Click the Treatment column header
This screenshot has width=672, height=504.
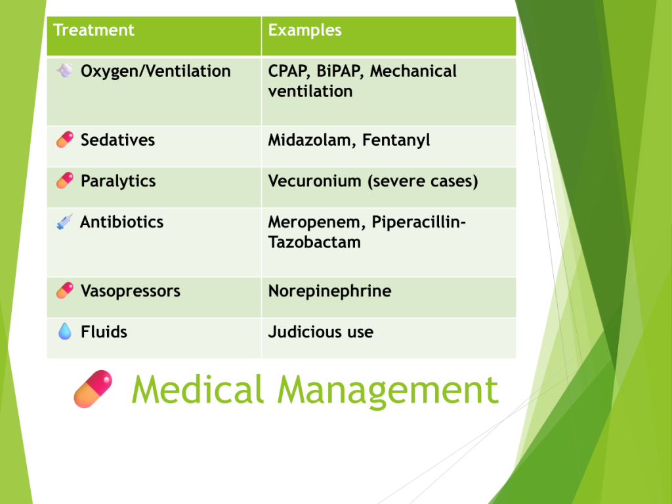coord(93,30)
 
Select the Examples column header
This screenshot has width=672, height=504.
coord(304,30)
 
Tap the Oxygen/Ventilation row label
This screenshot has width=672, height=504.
coord(156,71)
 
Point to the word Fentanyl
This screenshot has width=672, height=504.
coord(396,140)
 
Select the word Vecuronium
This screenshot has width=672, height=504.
coord(314,181)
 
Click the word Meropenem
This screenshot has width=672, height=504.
coord(317,222)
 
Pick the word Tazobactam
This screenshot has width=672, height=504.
coord(314,242)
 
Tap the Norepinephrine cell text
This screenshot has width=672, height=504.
coord(329,291)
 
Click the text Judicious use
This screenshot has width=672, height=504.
coord(320,331)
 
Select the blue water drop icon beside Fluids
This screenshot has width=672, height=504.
coord(65,331)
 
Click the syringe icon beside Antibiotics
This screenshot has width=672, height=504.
coord(64,222)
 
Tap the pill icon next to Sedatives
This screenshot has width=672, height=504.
coord(65,140)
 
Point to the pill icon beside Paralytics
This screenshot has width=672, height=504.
coord(65,181)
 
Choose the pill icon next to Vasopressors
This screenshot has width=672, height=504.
coord(65,291)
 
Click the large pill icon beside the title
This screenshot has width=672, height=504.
coord(93,389)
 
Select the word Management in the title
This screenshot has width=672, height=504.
coord(388,391)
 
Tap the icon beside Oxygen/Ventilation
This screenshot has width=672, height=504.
coord(65,70)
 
